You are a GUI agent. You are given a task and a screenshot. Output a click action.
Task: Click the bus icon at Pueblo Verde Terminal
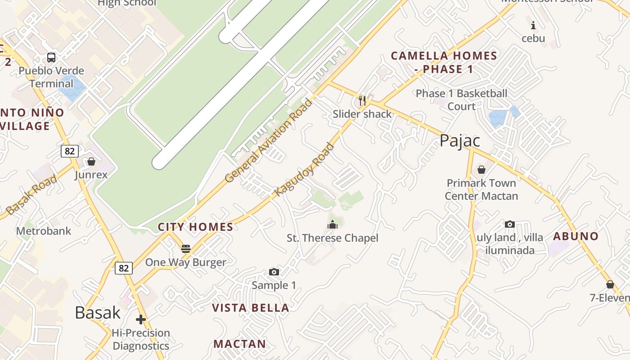point(51,58)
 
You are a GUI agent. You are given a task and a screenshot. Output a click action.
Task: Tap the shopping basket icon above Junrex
point(91,161)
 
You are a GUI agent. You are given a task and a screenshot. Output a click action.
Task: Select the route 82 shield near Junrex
point(69,151)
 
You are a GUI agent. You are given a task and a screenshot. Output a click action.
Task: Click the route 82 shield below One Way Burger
point(124,269)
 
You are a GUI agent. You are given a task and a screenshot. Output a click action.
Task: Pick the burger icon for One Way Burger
point(185,248)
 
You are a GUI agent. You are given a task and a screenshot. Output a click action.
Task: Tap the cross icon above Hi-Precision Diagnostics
point(141,319)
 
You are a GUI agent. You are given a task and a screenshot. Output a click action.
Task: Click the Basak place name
point(98,312)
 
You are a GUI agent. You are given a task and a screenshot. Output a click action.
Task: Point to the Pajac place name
point(459,141)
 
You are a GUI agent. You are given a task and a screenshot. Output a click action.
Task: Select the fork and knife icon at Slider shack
point(362,100)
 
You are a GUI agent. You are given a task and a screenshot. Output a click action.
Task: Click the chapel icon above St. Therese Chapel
point(333,224)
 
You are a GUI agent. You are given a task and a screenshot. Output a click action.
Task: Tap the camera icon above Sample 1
point(274,272)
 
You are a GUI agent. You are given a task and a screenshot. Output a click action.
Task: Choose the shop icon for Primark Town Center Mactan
point(481,170)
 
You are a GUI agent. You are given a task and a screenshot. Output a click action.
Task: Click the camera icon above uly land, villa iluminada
point(509,224)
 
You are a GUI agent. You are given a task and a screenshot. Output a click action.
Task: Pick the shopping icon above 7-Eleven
point(610,284)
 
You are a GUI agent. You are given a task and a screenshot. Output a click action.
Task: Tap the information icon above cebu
point(533,25)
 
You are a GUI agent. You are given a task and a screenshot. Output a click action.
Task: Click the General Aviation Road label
point(268,141)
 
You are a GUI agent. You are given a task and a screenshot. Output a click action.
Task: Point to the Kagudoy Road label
point(305,170)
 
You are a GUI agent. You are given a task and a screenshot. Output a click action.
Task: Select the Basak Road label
point(31,194)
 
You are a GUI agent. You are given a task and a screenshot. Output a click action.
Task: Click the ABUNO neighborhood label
point(576,236)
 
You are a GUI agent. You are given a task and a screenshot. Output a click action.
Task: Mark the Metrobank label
point(44,231)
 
